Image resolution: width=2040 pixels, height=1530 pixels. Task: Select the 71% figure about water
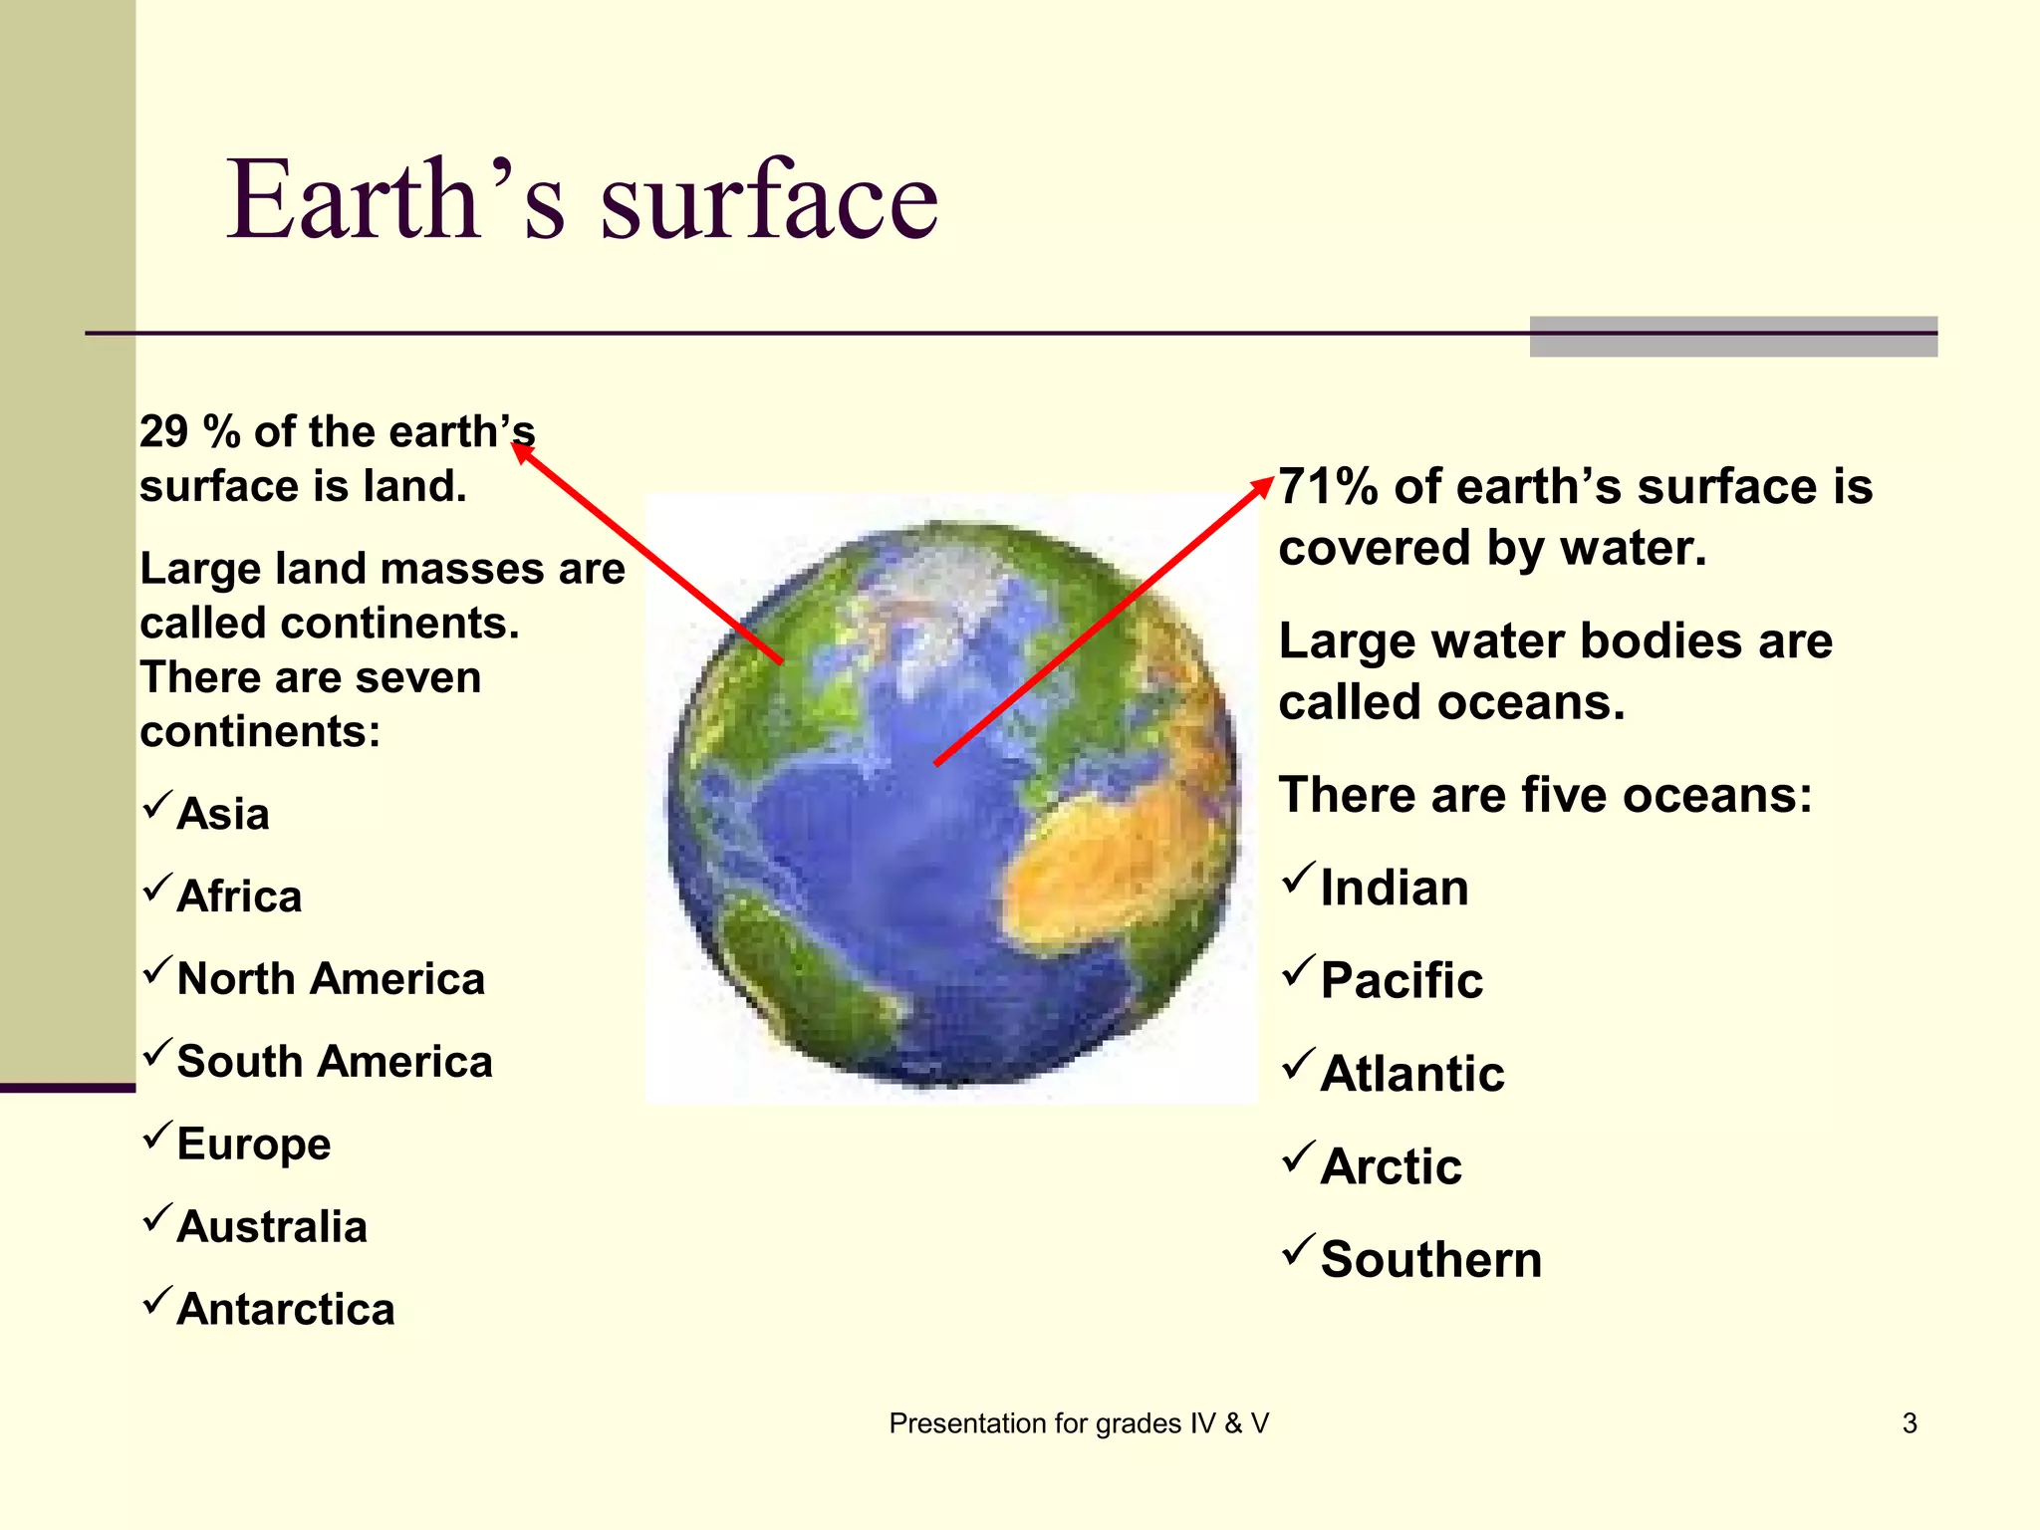point(1328,487)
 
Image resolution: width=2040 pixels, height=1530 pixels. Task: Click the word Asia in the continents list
point(223,814)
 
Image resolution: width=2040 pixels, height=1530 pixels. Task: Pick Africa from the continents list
point(239,896)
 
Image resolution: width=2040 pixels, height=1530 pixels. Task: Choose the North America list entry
point(331,979)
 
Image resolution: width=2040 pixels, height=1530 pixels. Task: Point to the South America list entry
point(335,1062)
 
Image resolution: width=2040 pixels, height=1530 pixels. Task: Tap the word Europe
point(254,1145)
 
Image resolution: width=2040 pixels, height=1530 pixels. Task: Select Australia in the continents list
point(272,1227)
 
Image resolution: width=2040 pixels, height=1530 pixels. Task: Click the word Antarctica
point(286,1310)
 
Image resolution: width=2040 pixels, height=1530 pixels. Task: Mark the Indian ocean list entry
point(1395,888)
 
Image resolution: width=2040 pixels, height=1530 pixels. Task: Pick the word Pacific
point(1402,980)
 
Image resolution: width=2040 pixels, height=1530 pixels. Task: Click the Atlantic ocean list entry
point(1412,1074)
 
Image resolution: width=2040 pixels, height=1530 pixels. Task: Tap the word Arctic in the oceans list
point(1391,1166)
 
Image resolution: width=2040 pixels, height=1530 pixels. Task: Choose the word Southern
point(1431,1260)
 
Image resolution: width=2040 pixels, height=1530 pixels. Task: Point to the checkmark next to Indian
point(1298,878)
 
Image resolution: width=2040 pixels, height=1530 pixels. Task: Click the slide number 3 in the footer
point(1910,1423)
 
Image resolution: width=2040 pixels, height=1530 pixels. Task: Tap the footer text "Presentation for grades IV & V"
point(1079,1423)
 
